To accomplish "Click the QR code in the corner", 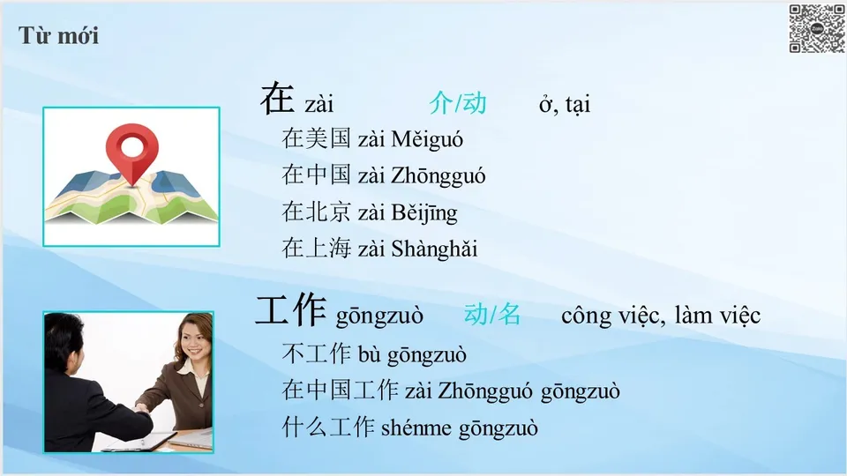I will (816, 28).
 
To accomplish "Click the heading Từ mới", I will (58, 36).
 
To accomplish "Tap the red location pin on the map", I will (131, 150).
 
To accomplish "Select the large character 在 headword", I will (276, 100).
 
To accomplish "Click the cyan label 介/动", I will (457, 103).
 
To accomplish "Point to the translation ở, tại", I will (565, 104).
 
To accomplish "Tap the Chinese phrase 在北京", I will (317, 212).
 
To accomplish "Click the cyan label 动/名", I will (492, 315).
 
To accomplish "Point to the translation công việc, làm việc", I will (660, 315).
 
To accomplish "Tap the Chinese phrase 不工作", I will (317, 355).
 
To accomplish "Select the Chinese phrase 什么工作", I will (328, 428).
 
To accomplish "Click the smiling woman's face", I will (192, 339).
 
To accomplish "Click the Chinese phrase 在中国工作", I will (340, 391).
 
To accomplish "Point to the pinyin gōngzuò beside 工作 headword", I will (379, 316).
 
